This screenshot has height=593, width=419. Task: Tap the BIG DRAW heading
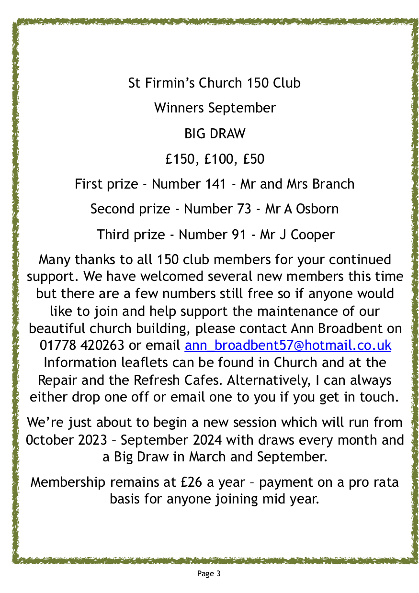215,134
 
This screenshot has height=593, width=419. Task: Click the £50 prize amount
253,159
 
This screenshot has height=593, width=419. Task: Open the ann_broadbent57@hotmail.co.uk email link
288,345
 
